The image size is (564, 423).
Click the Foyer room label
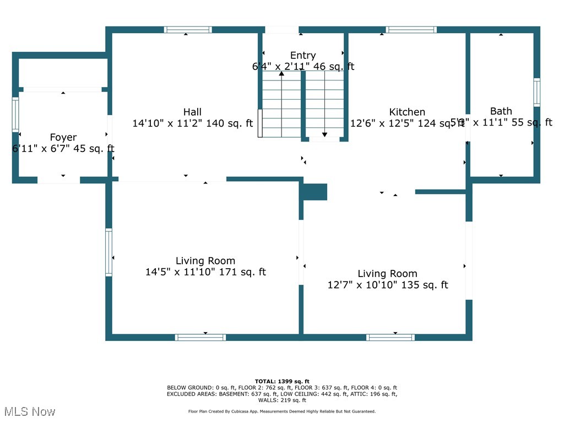tap(63, 137)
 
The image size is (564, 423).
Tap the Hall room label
tap(192, 112)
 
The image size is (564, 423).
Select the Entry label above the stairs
tap(303, 55)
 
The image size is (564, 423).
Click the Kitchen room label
tap(407, 112)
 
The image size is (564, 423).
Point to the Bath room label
tap(501, 111)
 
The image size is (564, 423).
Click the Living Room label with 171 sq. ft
tap(205, 261)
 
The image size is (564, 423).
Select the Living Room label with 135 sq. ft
tap(387, 274)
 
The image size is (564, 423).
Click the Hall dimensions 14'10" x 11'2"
tap(192, 124)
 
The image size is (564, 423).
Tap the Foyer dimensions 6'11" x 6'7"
tap(63, 149)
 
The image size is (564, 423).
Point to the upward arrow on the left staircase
tap(281, 74)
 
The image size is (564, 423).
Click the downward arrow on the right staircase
tap(324, 134)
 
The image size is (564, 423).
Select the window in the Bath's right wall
tap(536, 92)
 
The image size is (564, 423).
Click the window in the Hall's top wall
tap(188, 30)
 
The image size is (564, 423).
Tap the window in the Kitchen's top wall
tap(411, 30)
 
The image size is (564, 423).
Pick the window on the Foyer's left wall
tap(15, 114)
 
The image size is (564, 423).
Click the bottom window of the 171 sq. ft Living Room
tap(200, 337)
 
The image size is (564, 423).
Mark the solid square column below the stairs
tap(315, 192)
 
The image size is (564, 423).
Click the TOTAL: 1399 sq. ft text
tap(282, 381)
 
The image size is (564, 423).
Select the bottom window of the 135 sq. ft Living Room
tap(391, 337)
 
